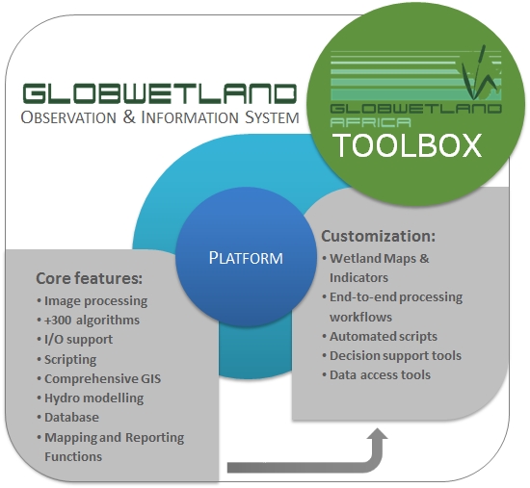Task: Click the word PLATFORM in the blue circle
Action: tap(246, 258)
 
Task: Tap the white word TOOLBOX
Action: tap(408, 145)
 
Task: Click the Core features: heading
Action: tap(90, 278)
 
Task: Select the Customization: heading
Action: tap(379, 236)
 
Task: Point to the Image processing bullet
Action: tap(93, 301)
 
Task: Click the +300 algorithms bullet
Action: tap(89, 320)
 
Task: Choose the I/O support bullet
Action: tap(75, 340)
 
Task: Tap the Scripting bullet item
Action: tap(66, 359)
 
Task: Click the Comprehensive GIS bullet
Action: tap(99, 378)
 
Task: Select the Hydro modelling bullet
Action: tap(91, 398)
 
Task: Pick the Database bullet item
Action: tap(68, 418)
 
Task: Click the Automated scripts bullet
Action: tap(380, 336)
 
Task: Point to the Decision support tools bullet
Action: tap(392, 355)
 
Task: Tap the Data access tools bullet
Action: tap(376, 374)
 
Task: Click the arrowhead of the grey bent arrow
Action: tap(377, 434)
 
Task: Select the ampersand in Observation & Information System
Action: tap(129, 117)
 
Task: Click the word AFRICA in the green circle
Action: tap(370, 122)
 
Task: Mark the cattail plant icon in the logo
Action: tap(478, 72)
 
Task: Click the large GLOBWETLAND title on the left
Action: tap(160, 93)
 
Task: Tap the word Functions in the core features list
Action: tap(73, 456)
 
